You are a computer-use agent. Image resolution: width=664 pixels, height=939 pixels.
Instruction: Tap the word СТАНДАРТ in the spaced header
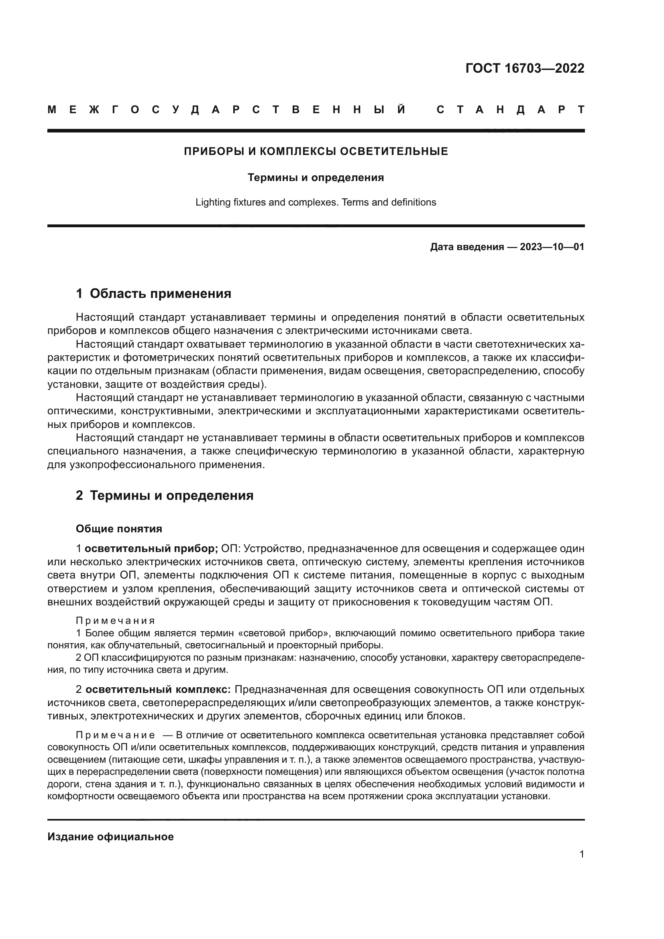tap(511, 110)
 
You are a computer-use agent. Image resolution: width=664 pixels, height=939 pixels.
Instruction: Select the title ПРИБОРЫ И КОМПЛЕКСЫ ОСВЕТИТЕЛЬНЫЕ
tap(316, 151)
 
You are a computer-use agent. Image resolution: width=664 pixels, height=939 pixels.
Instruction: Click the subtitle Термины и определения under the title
tap(316, 177)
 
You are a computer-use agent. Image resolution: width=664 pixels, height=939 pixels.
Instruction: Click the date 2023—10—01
tap(552, 247)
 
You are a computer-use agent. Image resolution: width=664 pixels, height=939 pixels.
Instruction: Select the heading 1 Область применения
tap(153, 293)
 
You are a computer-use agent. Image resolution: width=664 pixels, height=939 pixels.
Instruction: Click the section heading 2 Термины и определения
tap(164, 495)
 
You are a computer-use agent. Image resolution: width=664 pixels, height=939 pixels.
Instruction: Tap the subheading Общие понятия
tap(119, 529)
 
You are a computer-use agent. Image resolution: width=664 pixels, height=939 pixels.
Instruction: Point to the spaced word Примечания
tap(115, 621)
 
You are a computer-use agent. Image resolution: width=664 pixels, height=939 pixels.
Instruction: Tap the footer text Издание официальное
tap(110, 837)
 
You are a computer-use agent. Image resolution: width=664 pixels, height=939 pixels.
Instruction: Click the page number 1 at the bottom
tap(581, 854)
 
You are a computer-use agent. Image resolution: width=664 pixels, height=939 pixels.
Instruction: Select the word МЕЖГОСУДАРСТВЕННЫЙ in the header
tap(227, 110)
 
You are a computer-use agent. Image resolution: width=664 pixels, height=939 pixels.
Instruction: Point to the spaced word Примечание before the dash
tap(115, 735)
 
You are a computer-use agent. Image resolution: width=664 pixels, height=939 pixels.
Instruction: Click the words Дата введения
tap(466, 247)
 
